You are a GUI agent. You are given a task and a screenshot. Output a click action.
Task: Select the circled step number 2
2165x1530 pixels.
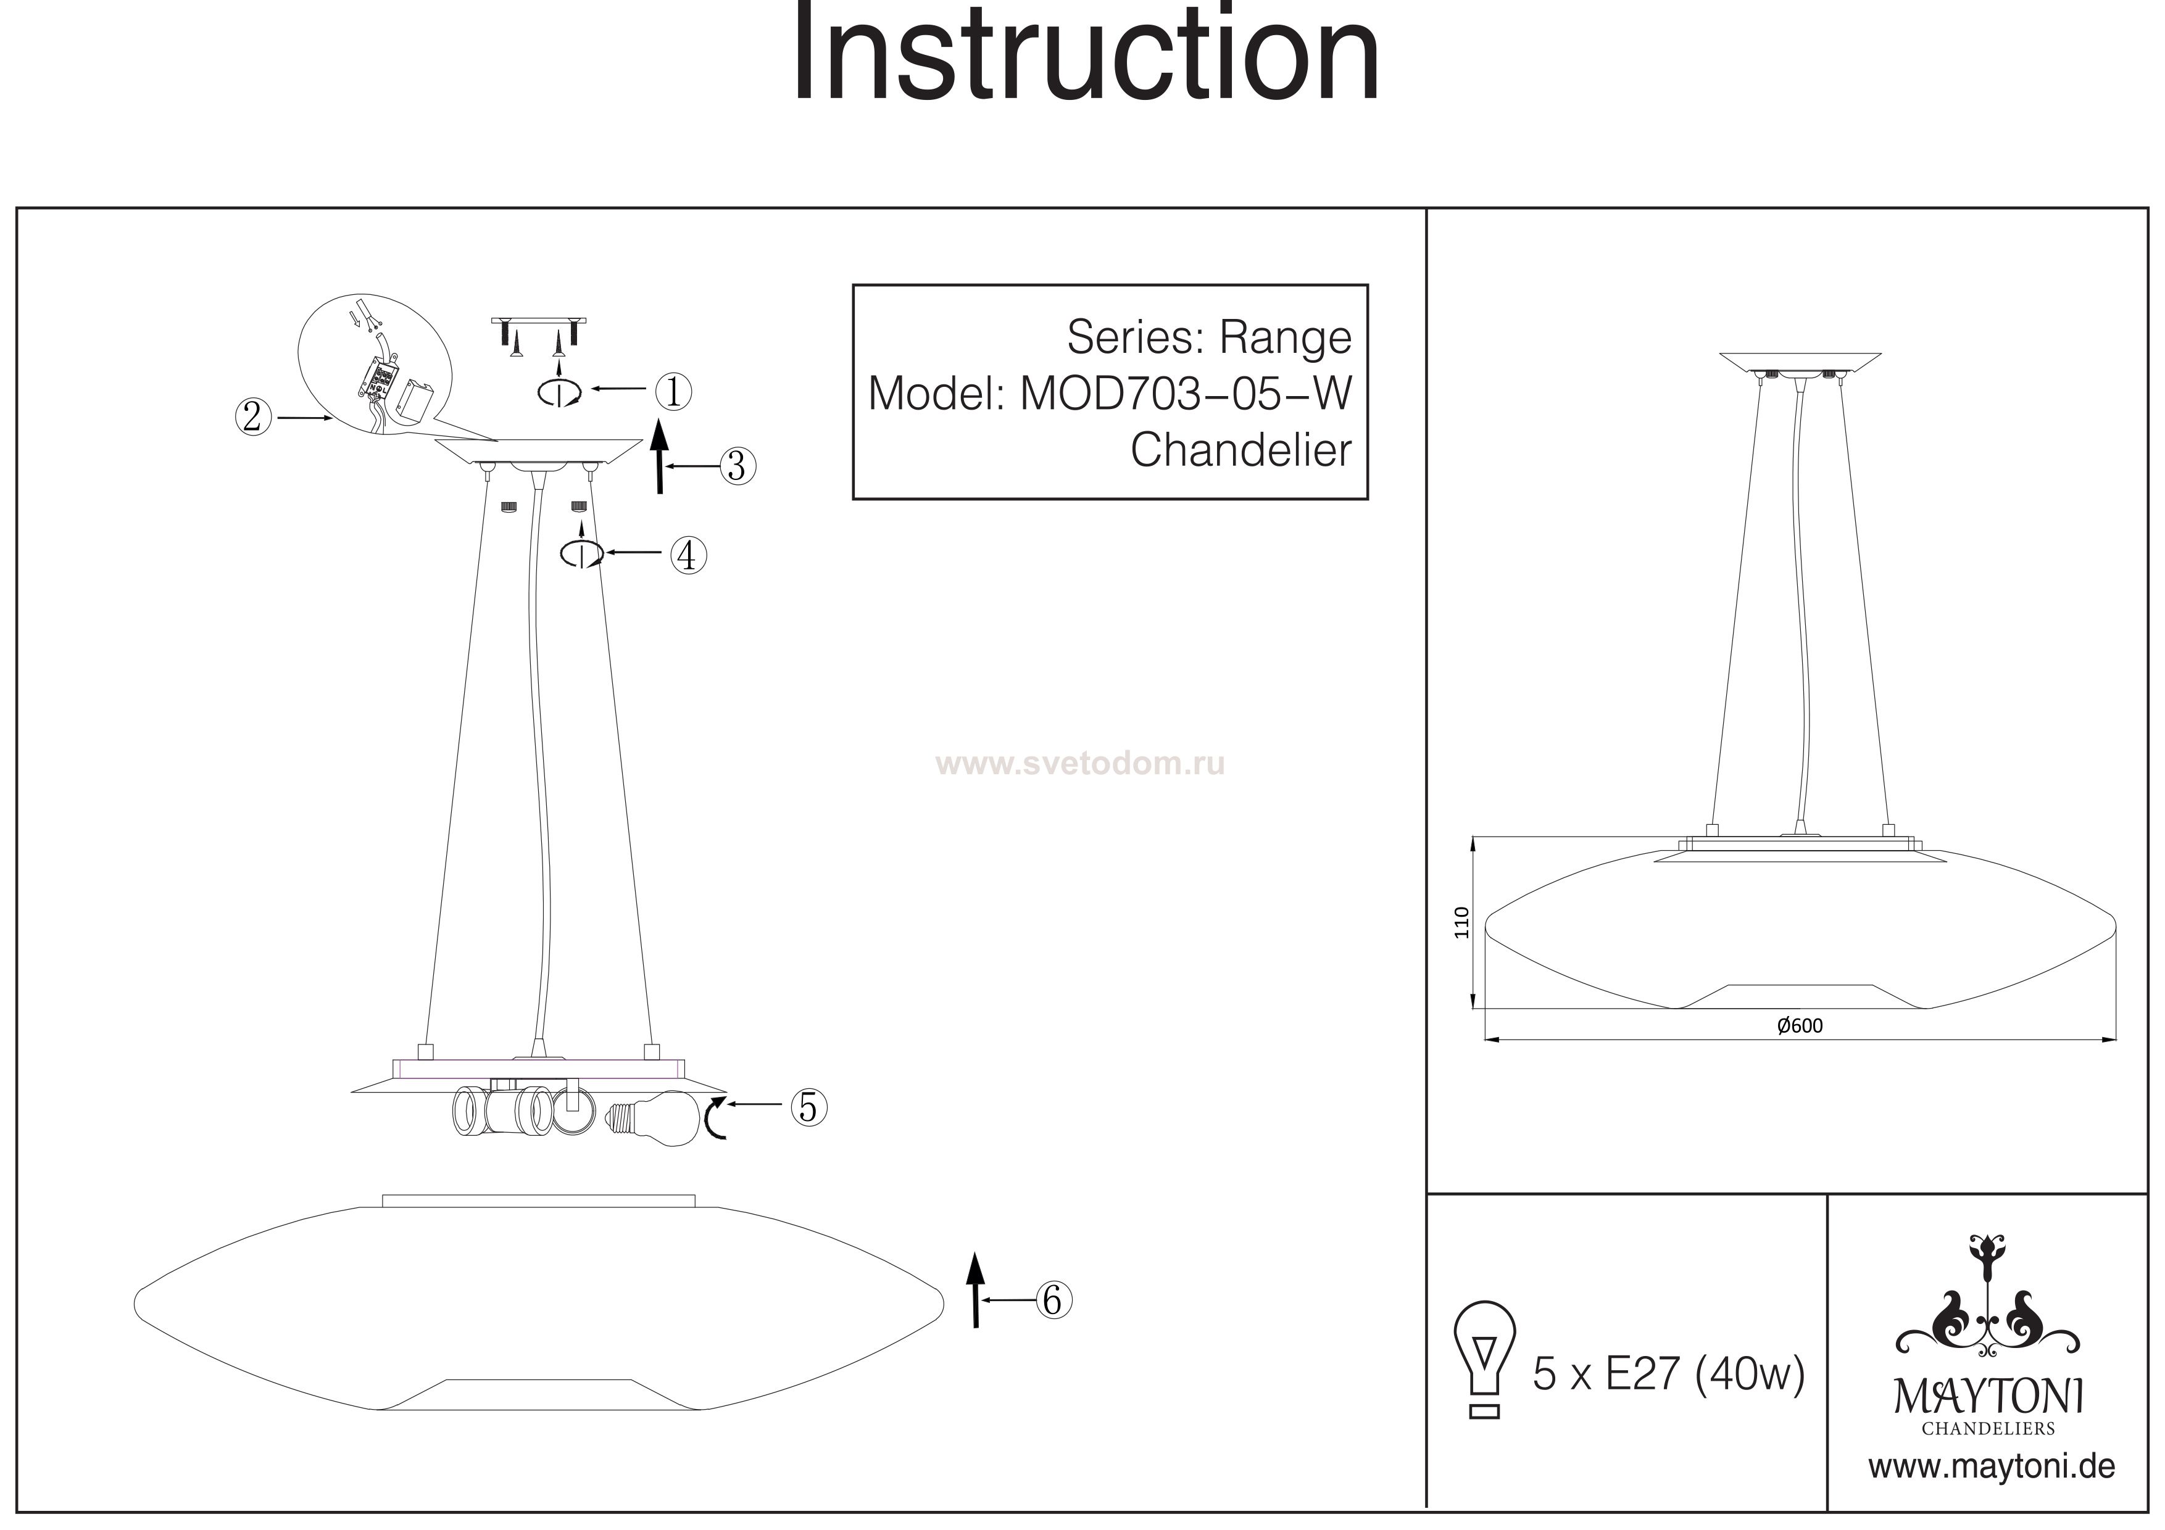click(252, 416)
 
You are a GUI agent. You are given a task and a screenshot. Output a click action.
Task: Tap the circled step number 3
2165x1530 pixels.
click(738, 466)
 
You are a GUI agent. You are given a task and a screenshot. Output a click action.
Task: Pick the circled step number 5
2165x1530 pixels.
click(808, 1107)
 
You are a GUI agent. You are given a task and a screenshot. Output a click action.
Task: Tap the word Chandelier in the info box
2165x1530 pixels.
click(1241, 450)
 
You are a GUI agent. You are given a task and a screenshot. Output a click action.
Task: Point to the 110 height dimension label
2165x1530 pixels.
click(1461, 922)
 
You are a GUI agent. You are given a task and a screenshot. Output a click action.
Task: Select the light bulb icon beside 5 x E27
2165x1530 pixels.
click(1485, 1355)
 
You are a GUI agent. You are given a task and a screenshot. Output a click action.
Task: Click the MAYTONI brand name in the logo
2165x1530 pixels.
click(1988, 1397)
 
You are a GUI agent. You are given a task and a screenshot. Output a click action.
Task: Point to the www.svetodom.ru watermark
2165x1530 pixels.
click(1079, 764)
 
